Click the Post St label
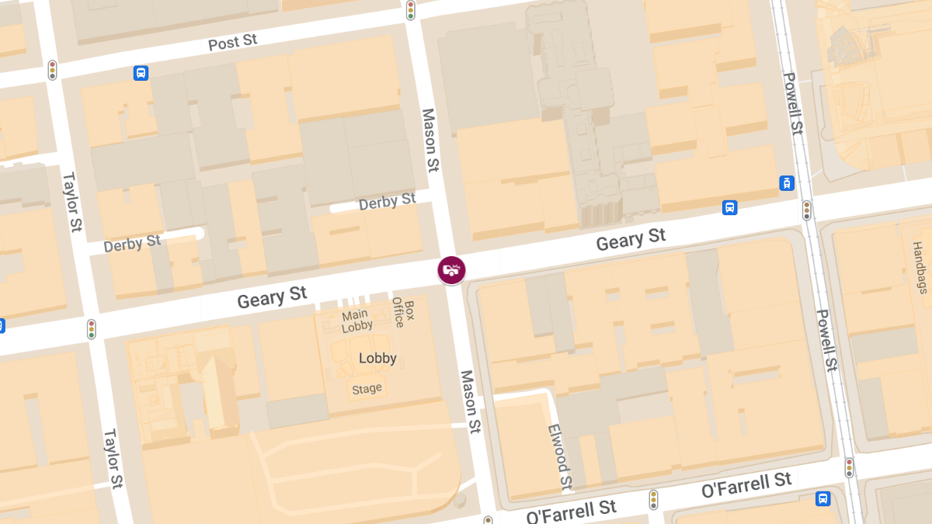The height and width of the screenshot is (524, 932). (232, 42)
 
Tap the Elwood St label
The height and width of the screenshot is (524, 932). (560, 458)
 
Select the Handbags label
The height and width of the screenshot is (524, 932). (920, 268)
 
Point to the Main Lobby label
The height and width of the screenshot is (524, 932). (356, 321)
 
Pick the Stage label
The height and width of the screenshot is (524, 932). (367, 388)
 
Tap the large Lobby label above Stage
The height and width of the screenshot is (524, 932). (377, 358)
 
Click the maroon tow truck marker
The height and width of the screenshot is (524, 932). (451, 270)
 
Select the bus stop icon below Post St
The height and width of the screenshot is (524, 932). (141, 73)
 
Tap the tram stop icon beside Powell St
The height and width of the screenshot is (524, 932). (787, 183)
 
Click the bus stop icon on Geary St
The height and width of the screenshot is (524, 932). (729, 207)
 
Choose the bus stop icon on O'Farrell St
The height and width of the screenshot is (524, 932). (822, 498)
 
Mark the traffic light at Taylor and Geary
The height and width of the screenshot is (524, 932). (92, 329)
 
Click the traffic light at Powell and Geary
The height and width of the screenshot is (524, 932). (807, 210)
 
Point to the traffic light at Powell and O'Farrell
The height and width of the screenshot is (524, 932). (849, 467)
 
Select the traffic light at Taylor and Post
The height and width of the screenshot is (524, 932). (52, 70)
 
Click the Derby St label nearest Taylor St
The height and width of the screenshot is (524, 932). (132, 244)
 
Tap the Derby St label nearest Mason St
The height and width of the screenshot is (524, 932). (387, 203)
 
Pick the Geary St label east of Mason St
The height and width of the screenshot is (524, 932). (631, 239)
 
